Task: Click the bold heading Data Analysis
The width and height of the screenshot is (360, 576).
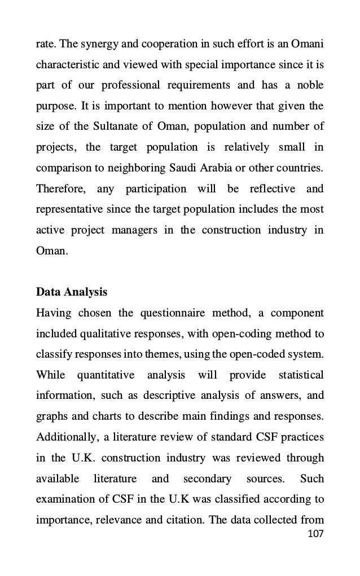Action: click(71, 293)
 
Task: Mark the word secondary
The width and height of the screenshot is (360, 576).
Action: click(207, 479)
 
